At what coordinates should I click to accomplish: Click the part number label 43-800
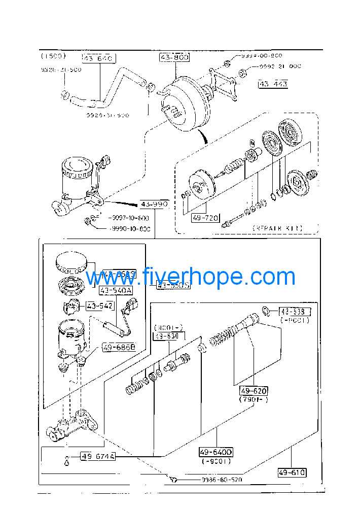(175, 58)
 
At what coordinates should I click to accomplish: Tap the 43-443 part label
(273, 84)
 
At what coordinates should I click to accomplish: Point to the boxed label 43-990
(154, 205)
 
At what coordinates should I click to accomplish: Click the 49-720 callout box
(205, 218)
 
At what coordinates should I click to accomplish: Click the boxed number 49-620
(254, 391)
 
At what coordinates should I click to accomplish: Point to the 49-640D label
(215, 452)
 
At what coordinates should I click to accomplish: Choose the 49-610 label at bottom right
(292, 472)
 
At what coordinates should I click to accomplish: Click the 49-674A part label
(98, 456)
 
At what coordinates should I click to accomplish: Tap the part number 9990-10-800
(130, 229)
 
